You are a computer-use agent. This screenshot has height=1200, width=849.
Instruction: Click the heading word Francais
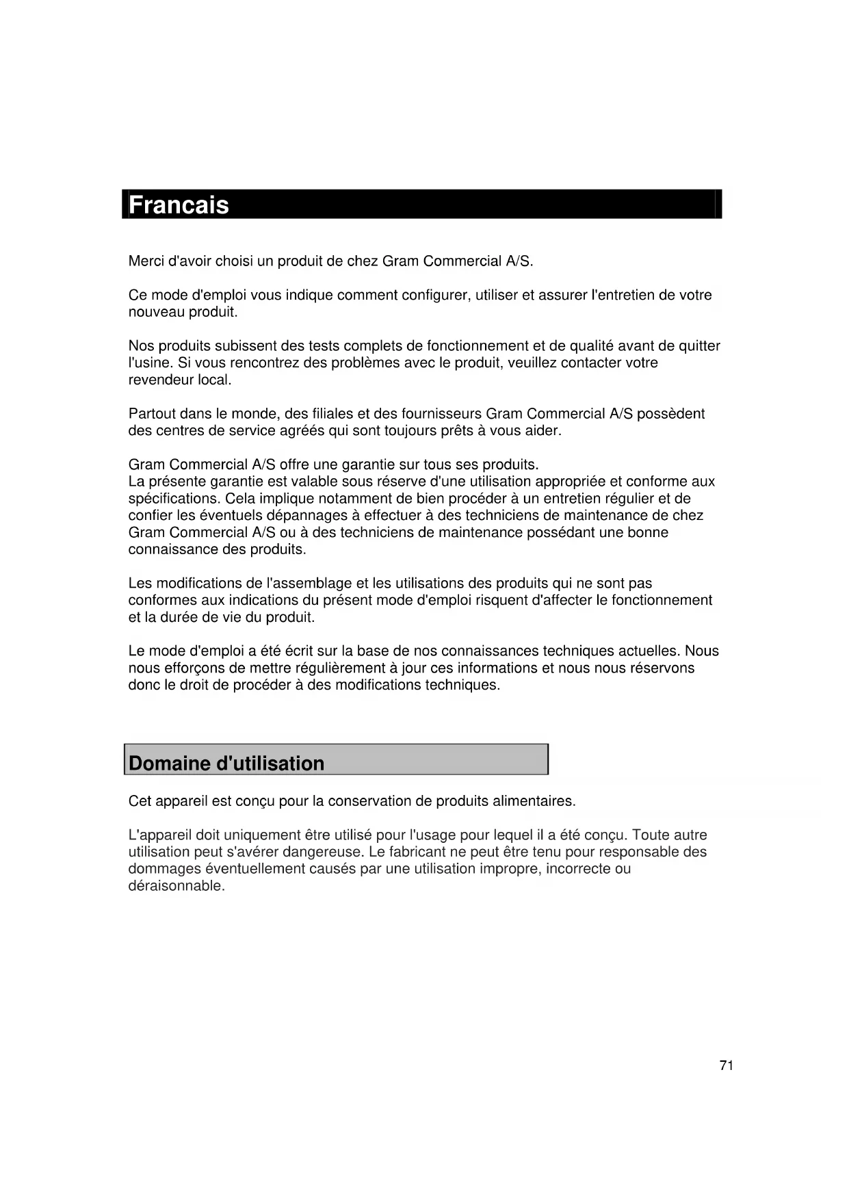179,205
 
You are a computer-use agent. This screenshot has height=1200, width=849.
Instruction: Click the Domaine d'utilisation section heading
226,764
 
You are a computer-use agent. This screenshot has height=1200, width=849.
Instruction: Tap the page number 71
727,1065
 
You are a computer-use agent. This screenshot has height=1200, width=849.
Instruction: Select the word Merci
146,261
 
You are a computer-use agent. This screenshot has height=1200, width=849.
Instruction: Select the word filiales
331,414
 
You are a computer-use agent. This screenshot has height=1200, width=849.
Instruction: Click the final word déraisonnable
176,886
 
